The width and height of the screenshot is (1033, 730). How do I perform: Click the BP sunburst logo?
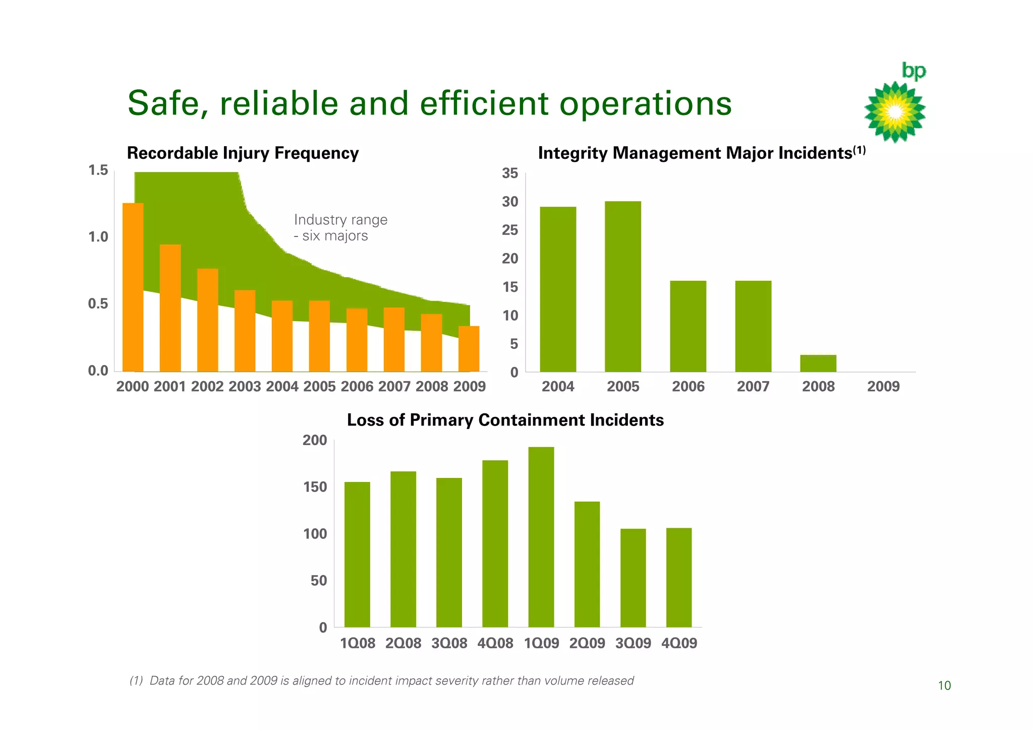pyautogui.click(x=895, y=111)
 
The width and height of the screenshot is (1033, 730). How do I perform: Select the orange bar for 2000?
pyautogui.click(x=133, y=287)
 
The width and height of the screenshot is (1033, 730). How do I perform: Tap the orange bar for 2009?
pyautogui.click(x=469, y=349)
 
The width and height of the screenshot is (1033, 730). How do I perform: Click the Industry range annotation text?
pyautogui.click(x=340, y=227)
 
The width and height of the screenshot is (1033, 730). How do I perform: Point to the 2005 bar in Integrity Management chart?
pyautogui.click(x=623, y=286)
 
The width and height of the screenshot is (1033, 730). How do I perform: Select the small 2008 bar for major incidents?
pyautogui.click(x=818, y=363)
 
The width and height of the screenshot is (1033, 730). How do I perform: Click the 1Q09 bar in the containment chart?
pyautogui.click(x=541, y=537)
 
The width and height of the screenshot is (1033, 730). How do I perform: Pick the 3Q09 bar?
pyautogui.click(x=633, y=578)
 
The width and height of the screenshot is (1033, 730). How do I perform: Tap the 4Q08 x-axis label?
pyautogui.click(x=495, y=643)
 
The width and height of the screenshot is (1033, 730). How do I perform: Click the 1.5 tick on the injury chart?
pyautogui.click(x=98, y=170)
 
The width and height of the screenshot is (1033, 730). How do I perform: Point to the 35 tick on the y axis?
pyautogui.click(x=510, y=173)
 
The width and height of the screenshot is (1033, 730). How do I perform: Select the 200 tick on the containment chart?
pyautogui.click(x=315, y=441)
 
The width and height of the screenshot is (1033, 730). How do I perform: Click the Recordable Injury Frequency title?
pyautogui.click(x=243, y=153)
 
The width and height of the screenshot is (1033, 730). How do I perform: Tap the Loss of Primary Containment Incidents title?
pyautogui.click(x=505, y=420)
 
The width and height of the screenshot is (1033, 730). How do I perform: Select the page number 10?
pyautogui.click(x=944, y=686)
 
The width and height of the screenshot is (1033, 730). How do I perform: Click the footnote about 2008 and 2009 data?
pyautogui.click(x=381, y=681)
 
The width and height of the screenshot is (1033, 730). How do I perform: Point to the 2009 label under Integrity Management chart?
pyautogui.click(x=883, y=387)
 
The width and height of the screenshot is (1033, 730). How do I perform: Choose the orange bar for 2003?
pyautogui.click(x=245, y=331)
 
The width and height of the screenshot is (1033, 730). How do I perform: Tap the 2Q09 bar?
pyautogui.click(x=587, y=564)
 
